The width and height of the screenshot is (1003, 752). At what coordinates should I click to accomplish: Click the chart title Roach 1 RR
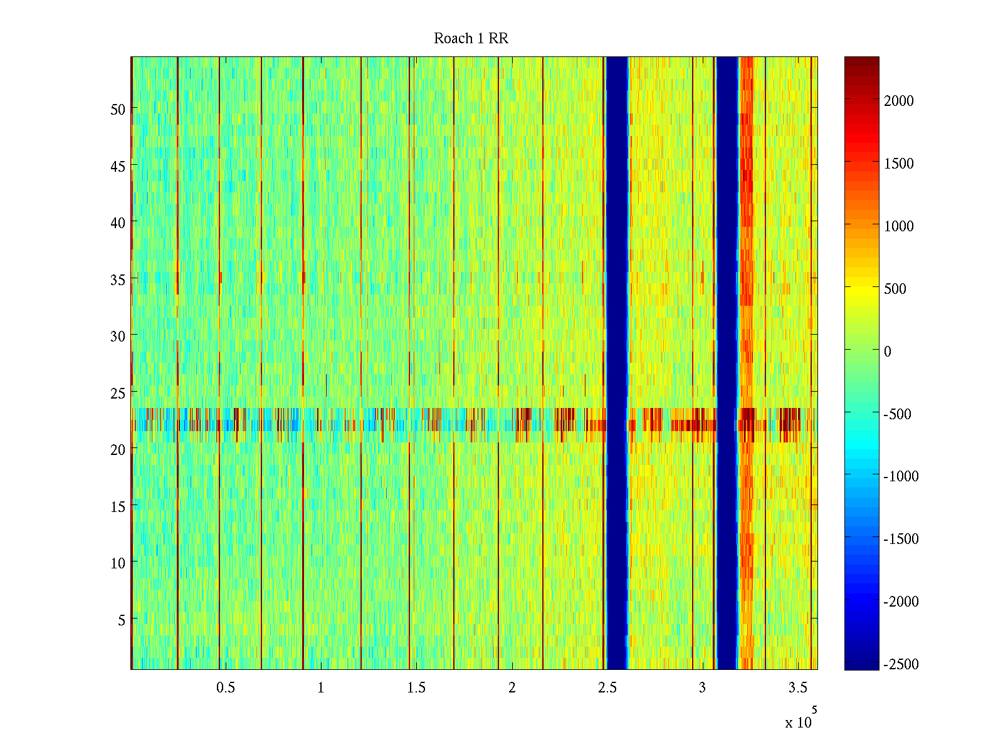(x=471, y=39)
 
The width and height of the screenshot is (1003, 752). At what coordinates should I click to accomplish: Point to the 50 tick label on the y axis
(x=118, y=109)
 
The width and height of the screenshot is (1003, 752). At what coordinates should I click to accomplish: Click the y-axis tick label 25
(x=118, y=393)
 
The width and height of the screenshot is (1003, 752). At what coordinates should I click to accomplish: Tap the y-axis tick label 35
(x=118, y=279)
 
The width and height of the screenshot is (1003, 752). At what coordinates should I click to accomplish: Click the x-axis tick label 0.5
(x=226, y=688)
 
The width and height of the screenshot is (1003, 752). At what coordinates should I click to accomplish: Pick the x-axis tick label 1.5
(x=416, y=688)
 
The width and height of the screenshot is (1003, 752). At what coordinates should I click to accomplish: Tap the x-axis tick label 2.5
(x=607, y=688)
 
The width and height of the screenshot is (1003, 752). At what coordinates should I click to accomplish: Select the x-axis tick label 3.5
(x=797, y=688)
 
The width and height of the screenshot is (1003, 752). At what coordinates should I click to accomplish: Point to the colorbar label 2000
(x=899, y=101)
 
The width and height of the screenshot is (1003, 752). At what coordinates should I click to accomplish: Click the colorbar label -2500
(x=901, y=664)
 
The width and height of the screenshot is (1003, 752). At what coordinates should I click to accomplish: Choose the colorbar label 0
(x=888, y=352)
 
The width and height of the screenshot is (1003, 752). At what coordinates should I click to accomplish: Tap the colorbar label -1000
(x=901, y=476)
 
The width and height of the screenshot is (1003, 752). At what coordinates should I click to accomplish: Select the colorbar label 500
(x=895, y=289)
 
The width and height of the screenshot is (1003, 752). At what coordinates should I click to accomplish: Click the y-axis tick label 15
(x=118, y=506)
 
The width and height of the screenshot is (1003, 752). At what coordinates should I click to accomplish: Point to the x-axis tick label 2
(x=512, y=688)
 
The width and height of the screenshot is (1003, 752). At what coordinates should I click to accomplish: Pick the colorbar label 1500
(x=899, y=164)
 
